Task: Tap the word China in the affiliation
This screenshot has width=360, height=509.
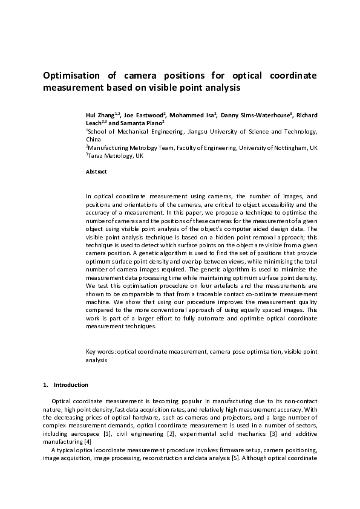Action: pos(93,139)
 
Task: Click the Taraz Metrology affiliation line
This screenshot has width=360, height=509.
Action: pos(116,155)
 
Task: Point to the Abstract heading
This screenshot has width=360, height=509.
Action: pos(96,172)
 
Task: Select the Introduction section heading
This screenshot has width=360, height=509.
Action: pos(71,385)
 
